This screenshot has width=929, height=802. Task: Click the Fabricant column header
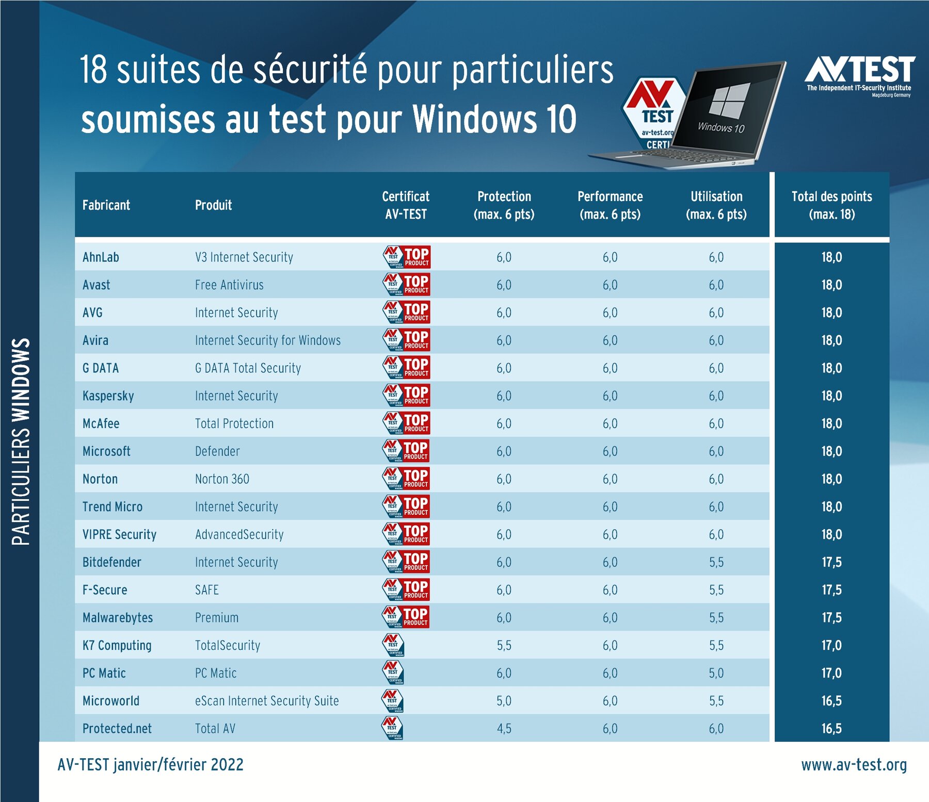click(x=106, y=205)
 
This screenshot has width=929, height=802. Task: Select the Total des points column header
click(x=831, y=205)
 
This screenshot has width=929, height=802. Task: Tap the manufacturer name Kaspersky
click(x=108, y=396)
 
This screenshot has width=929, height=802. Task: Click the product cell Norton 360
click(x=222, y=479)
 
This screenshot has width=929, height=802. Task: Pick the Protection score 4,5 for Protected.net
click(x=504, y=729)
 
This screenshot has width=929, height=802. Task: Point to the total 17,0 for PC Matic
click(x=831, y=673)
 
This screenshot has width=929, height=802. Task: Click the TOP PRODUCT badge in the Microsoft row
click(x=406, y=451)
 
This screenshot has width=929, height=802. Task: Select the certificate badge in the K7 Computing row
click(x=393, y=645)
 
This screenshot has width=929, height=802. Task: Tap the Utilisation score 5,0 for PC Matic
click(x=716, y=673)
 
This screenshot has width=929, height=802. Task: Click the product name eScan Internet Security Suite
click(x=267, y=701)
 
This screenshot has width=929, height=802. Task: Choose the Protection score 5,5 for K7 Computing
click(x=504, y=646)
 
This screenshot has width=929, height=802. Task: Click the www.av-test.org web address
click(x=854, y=765)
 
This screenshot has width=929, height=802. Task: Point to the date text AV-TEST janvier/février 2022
click(x=150, y=765)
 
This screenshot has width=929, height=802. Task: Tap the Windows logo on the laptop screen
click(x=729, y=101)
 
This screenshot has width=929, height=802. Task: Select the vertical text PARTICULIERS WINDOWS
click(x=21, y=441)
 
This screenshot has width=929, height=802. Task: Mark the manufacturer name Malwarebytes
click(x=118, y=618)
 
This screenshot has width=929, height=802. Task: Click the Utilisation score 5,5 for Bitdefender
click(x=716, y=562)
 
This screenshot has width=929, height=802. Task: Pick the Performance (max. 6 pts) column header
click(x=610, y=205)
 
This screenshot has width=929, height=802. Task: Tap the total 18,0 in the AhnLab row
click(x=831, y=257)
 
